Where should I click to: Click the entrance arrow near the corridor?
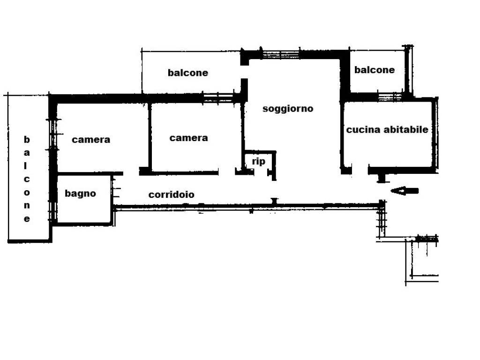(x=405, y=191)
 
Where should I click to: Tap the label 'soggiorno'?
(x=288, y=109)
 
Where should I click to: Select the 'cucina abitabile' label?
(x=387, y=129)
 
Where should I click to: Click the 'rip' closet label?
(x=258, y=161)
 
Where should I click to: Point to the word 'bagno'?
(x=80, y=194)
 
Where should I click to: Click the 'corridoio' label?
(x=171, y=195)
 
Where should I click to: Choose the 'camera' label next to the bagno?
(x=90, y=140)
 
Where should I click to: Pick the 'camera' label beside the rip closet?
(x=188, y=138)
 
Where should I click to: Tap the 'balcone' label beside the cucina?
(x=375, y=70)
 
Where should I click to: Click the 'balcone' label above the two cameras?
(x=187, y=73)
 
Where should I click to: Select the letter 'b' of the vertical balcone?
(x=27, y=140)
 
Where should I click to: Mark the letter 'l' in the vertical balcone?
(x=26, y=165)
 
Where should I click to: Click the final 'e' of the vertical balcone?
(x=27, y=219)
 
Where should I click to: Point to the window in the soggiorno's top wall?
(x=281, y=54)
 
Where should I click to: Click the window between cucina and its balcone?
(x=390, y=97)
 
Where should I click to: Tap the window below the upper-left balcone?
(x=218, y=97)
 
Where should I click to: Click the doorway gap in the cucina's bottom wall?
(x=360, y=171)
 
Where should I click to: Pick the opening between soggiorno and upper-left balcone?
(x=244, y=72)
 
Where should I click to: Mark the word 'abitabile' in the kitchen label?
(x=406, y=129)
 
